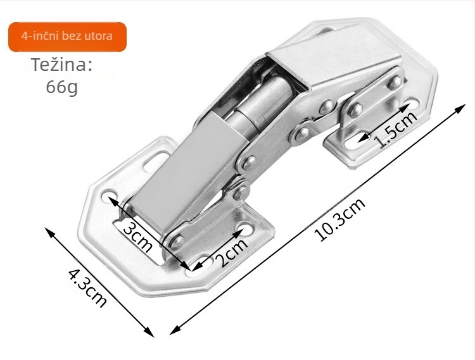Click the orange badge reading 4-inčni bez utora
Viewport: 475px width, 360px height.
[x=67, y=37]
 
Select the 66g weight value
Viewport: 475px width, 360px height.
[x=62, y=87]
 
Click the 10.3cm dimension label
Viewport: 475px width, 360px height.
[x=340, y=220]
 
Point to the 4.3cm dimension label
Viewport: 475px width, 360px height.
[x=88, y=287]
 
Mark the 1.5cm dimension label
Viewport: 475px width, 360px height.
[x=396, y=130]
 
